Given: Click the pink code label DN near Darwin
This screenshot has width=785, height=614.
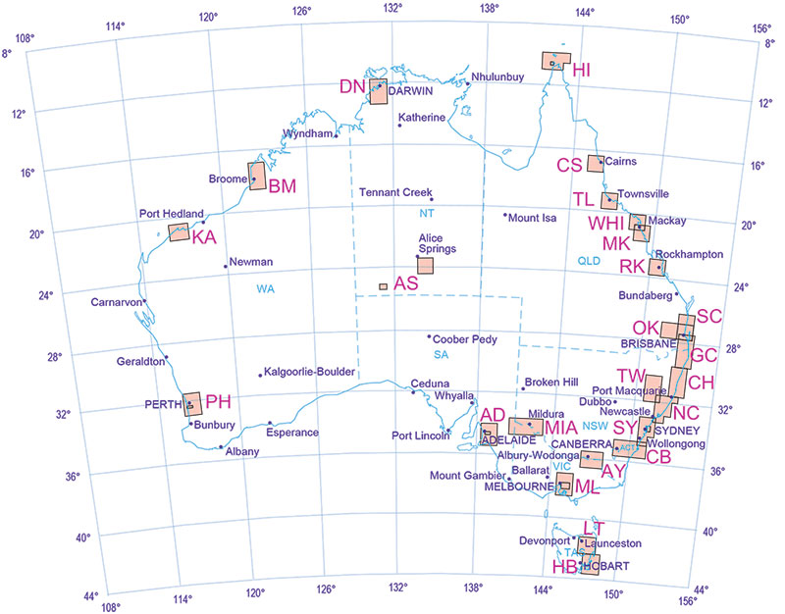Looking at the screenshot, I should tap(352, 86).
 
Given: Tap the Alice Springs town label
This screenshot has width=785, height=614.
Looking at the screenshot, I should tap(432, 243).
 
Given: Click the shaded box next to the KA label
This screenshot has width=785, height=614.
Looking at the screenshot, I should tap(179, 232).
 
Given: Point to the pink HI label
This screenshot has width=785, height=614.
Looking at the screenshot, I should tap(582, 70).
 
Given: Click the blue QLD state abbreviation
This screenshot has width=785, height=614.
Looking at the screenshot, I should tap(589, 261).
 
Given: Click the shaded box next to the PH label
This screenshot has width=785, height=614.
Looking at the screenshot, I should tap(192, 404).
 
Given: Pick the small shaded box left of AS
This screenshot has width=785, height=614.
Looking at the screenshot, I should tap(383, 286).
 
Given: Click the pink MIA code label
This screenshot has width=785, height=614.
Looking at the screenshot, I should tap(561, 428).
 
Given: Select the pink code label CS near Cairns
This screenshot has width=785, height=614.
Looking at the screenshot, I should tap(570, 165).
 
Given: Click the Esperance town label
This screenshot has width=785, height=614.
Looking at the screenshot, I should tap(292, 433).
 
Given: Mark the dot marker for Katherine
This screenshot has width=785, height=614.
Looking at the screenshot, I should tap(400, 125).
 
